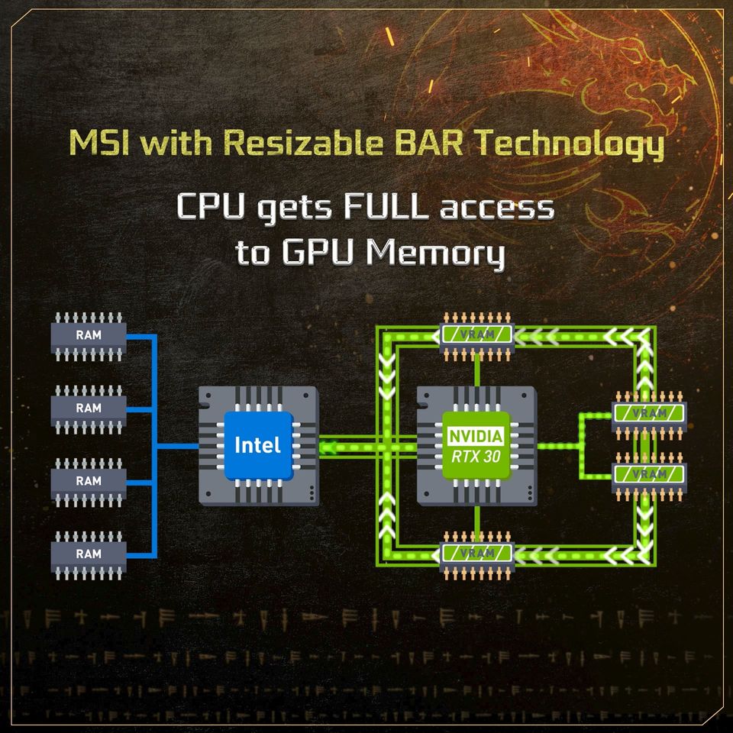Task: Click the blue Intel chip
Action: tap(257, 444)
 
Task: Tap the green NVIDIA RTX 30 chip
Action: tap(475, 444)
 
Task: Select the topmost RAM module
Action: tap(89, 334)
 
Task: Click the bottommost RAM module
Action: tap(89, 552)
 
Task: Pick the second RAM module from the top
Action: tap(89, 408)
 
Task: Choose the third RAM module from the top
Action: tap(89, 480)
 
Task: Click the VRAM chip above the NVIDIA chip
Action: tap(476, 334)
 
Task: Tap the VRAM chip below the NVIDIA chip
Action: tap(476, 552)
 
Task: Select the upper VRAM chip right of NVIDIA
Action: tap(649, 413)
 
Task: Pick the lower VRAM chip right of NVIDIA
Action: tap(649, 473)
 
